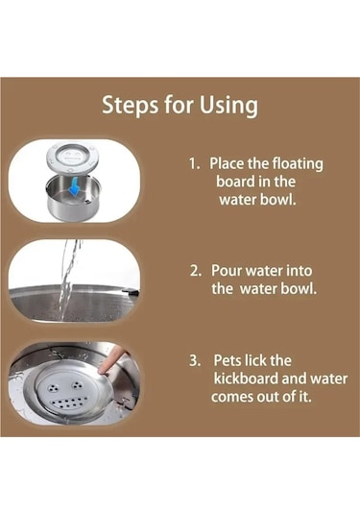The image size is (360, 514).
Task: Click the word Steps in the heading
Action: click(x=130, y=105)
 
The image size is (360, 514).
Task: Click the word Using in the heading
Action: click(x=228, y=107)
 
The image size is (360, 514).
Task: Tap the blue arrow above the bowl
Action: click(x=75, y=185)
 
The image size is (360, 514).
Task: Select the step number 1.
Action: click(x=194, y=163)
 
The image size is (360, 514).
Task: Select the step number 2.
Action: click(x=195, y=271)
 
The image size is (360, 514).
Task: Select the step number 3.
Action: click(x=195, y=360)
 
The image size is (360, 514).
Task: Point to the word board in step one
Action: click(x=235, y=182)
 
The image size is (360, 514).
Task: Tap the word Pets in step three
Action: click(x=228, y=360)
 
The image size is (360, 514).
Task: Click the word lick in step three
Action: click(x=256, y=360)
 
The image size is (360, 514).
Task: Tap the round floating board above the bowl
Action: click(x=72, y=157)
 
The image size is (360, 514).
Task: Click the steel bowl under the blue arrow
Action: click(x=73, y=196)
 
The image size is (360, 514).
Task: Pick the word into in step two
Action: click(x=300, y=271)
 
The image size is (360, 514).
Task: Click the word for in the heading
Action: click(x=179, y=105)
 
